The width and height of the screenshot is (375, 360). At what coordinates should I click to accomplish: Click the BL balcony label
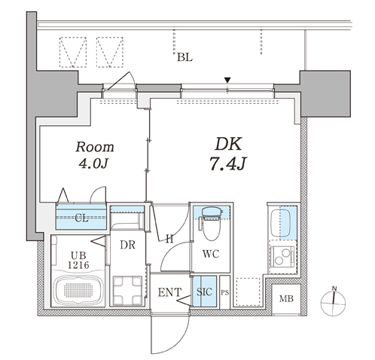(184, 57)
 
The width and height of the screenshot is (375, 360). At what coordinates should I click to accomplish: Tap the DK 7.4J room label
(228, 154)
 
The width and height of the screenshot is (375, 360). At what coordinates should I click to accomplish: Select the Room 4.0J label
(95, 155)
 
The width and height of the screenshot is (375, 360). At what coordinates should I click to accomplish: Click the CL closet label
(82, 218)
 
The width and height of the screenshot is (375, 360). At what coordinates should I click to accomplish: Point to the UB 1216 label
(78, 261)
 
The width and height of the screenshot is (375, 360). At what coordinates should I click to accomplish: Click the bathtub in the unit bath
(78, 290)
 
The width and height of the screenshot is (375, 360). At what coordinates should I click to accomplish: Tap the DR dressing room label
(127, 245)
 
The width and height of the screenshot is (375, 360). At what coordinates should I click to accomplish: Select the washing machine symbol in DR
(127, 290)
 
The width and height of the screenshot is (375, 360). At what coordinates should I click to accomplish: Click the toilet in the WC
(212, 224)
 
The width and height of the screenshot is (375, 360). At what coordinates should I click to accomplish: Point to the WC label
(211, 254)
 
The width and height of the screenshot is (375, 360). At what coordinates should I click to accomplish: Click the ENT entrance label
(169, 292)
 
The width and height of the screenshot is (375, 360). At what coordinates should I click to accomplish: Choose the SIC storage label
(204, 291)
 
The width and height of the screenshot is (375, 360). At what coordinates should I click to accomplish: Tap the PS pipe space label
(225, 293)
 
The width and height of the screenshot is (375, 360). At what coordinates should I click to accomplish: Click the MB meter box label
(286, 299)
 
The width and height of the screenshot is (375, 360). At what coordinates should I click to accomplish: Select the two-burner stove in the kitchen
(282, 257)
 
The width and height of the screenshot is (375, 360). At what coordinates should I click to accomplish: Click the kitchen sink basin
(281, 223)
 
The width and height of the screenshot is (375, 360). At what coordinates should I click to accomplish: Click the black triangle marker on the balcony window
(227, 81)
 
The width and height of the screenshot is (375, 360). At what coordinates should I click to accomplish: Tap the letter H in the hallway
(169, 239)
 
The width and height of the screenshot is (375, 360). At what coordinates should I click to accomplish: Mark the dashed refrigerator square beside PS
(248, 291)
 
